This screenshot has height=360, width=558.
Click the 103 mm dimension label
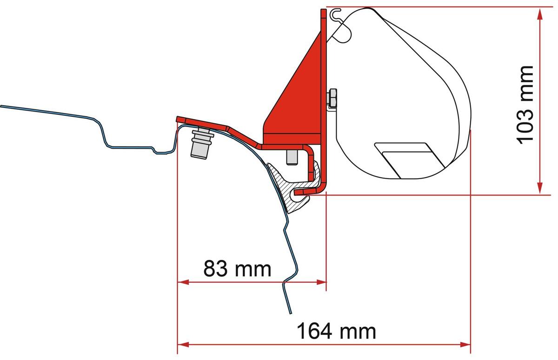525,105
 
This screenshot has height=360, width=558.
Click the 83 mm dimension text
237,269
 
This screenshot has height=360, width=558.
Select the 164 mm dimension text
336,331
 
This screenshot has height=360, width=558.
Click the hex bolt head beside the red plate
332,99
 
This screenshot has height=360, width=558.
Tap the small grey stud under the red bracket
292,157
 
